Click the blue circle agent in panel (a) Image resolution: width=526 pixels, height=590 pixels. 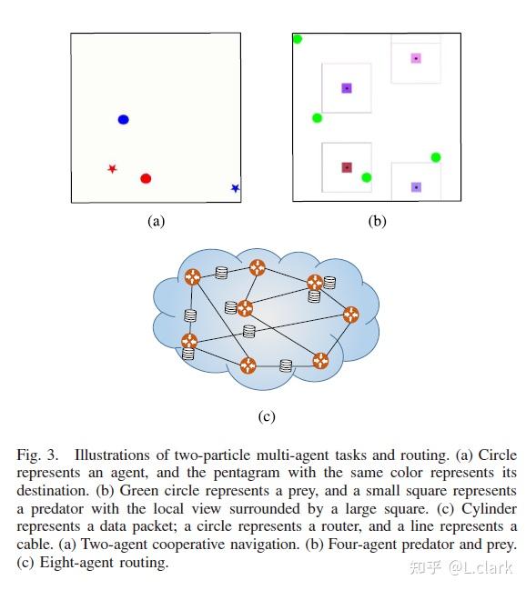click(x=124, y=119)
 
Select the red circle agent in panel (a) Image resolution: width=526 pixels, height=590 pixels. click(x=146, y=178)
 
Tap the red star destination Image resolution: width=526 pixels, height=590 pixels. click(x=112, y=168)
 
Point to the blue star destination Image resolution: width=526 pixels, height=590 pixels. click(x=235, y=188)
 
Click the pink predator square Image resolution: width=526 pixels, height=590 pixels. click(x=416, y=58)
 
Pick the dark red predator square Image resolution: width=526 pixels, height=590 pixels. click(x=347, y=167)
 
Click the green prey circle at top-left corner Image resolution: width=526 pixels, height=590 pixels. click(x=298, y=39)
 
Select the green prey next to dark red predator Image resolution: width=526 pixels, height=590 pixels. click(x=366, y=177)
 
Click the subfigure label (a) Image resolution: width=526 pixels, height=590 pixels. click(x=156, y=221)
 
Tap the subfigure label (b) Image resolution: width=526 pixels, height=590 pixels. click(x=377, y=221)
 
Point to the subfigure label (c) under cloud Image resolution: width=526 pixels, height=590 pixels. click(x=266, y=417)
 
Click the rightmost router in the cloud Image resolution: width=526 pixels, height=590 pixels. click(x=350, y=314)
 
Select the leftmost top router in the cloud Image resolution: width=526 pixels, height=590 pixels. click(x=193, y=278)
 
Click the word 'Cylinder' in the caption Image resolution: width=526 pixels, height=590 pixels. click(x=482, y=508)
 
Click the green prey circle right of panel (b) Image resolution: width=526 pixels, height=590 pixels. click(x=436, y=157)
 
